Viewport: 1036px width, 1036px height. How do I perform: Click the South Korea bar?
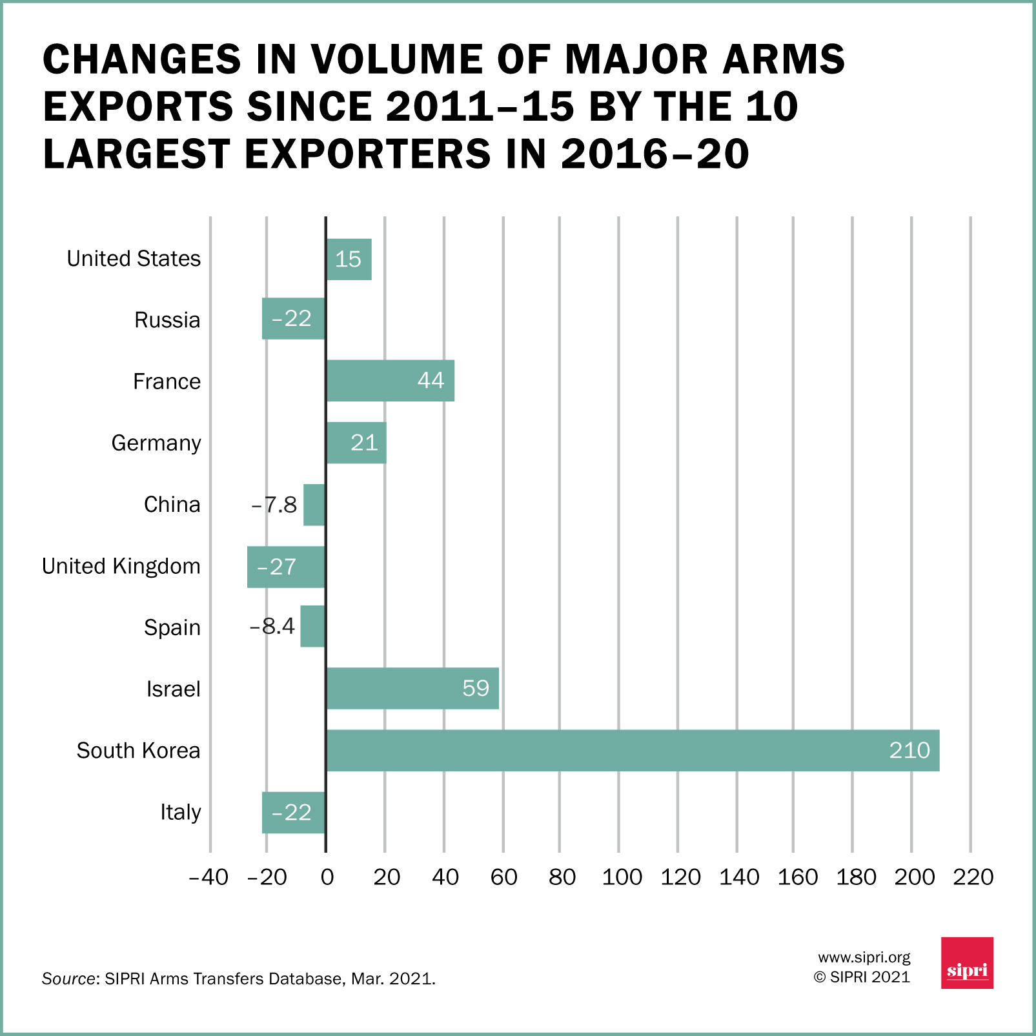coord(633,751)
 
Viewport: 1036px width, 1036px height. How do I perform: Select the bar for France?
coord(390,381)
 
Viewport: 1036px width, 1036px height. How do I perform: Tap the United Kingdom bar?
coord(286,567)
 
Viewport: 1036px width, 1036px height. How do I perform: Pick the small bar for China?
coord(314,505)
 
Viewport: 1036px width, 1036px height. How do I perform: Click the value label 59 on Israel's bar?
coord(476,689)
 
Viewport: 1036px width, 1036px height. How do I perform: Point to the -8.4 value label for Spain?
coord(272,626)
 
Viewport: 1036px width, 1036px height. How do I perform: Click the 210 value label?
coord(909,750)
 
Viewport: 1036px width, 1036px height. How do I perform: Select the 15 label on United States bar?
coord(348,259)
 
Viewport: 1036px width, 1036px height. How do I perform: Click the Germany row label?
coord(156,443)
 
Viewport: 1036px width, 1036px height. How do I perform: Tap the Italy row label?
coord(181,812)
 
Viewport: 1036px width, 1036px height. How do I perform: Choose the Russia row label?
coord(167,320)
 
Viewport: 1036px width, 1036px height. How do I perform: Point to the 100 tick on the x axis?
coord(622,877)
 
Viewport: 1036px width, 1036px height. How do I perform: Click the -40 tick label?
coord(208,877)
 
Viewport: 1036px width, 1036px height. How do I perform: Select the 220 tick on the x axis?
coord(973,877)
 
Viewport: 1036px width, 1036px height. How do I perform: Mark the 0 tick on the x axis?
coord(327,877)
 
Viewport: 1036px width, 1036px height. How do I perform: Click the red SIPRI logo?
coord(967,962)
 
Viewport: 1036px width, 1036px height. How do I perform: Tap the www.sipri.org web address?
coord(864,957)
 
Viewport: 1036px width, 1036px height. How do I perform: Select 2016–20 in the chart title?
coord(655,155)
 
